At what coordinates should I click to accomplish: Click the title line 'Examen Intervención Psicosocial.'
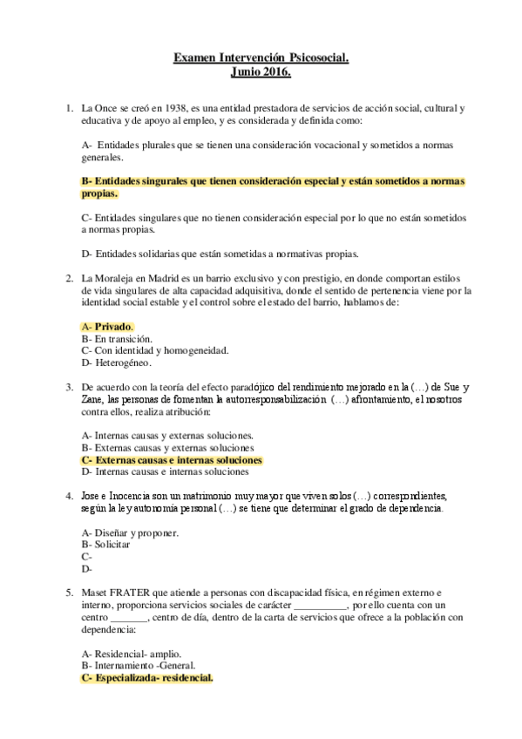pos(261,59)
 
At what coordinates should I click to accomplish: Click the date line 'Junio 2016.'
pos(261,73)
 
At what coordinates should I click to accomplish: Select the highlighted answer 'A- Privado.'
pos(107,326)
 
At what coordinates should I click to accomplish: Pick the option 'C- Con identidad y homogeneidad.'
pos(142,350)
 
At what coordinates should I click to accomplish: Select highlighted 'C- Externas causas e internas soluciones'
pos(171,459)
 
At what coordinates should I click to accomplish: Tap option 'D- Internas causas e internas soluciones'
pos(165,471)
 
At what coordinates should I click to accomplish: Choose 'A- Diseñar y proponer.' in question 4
pos(130,532)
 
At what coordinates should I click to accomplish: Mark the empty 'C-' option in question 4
pos(86,556)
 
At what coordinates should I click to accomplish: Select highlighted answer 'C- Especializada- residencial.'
pos(146,676)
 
